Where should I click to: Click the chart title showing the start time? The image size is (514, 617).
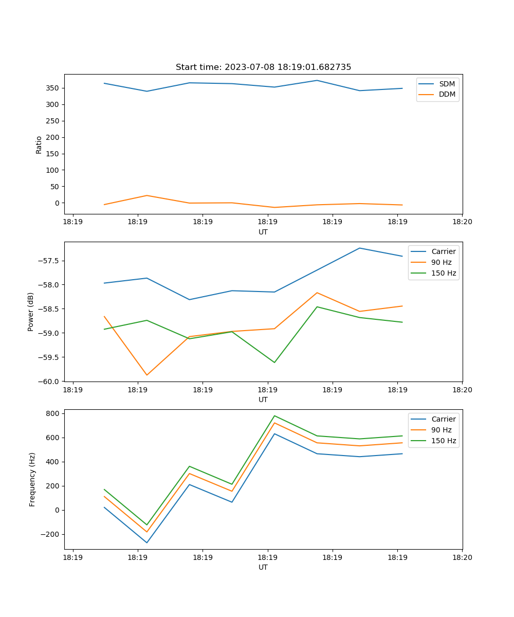(x=263, y=67)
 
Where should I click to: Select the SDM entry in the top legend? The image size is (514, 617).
(x=447, y=84)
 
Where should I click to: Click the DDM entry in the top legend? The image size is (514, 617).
(x=447, y=94)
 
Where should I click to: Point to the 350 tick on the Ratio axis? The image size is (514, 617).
(x=53, y=88)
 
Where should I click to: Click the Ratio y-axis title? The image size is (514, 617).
(x=39, y=144)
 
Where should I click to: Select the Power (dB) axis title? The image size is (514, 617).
(x=31, y=312)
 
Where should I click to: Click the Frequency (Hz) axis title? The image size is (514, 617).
(x=32, y=479)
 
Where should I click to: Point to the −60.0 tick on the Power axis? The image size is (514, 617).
(x=49, y=382)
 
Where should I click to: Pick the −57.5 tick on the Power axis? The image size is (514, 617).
(x=49, y=261)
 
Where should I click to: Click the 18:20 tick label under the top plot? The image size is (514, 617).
(x=462, y=223)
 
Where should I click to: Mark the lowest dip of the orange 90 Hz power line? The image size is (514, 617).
(x=147, y=375)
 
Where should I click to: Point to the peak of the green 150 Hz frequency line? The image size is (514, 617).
(x=274, y=415)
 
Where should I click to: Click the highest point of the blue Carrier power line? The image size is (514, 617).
(x=360, y=248)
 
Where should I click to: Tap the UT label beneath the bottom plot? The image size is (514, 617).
(x=263, y=567)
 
